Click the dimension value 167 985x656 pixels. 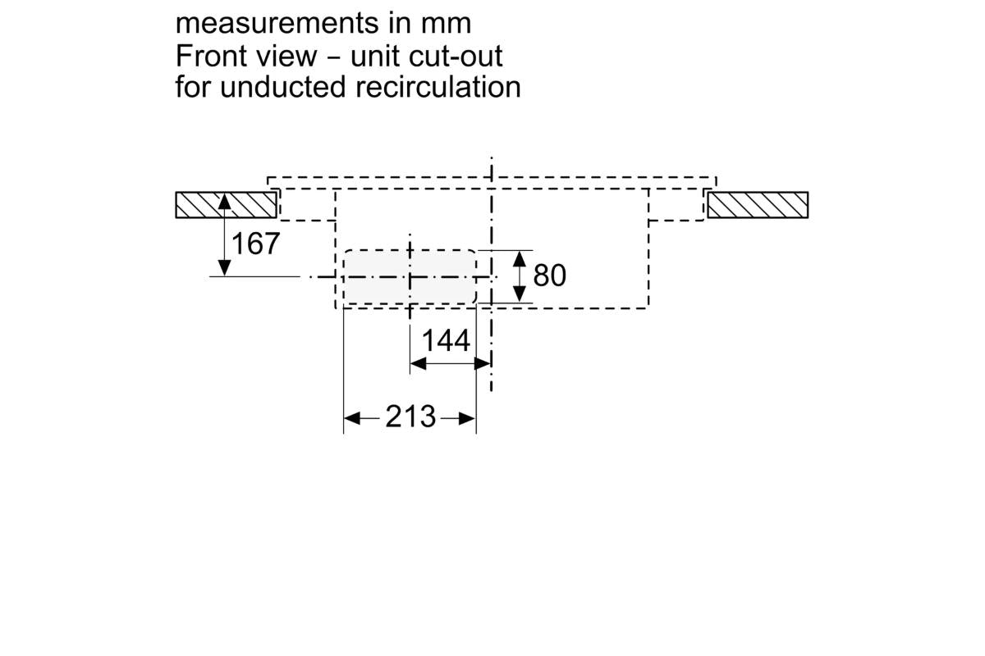(x=256, y=244)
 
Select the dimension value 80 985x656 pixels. (x=550, y=276)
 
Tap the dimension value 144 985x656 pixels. (x=447, y=340)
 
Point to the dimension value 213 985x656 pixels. (x=410, y=417)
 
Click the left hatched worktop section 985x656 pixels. (x=225, y=204)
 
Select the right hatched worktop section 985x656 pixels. (x=758, y=204)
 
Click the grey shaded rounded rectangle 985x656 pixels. (x=409, y=277)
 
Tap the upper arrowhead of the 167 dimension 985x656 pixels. (x=224, y=201)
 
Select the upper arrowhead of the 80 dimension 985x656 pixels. (x=519, y=257)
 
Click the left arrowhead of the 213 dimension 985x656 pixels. (x=351, y=418)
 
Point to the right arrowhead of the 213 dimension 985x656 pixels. (x=468, y=418)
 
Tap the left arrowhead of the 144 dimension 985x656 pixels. (x=417, y=362)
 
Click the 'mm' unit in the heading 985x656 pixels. (x=447, y=23)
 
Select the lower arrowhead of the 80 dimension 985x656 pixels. (x=519, y=295)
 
